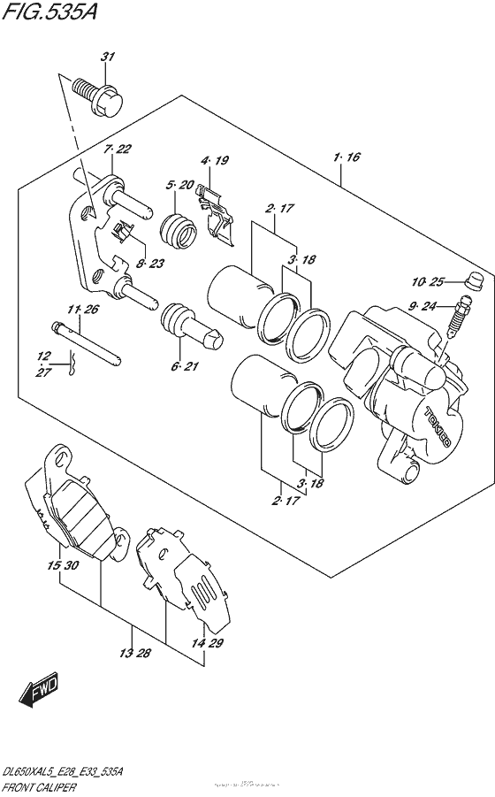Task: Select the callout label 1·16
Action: [347, 158]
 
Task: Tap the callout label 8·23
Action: [151, 263]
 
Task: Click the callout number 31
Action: [107, 57]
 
